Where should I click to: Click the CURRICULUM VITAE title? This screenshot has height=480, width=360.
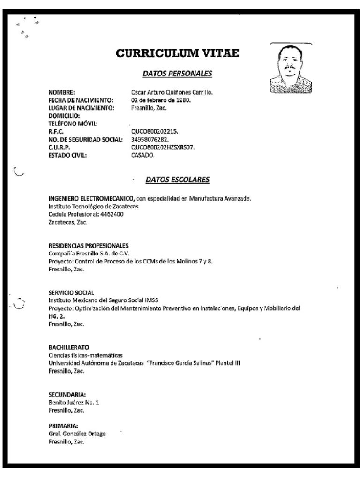pos(178,53)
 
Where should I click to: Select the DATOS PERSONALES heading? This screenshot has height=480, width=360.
pos(177,74)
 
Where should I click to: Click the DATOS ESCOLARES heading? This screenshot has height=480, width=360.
pos(177,180)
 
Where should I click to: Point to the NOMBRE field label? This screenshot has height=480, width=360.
pos(61,93)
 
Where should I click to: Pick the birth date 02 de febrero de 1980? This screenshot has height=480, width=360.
pos(161,100)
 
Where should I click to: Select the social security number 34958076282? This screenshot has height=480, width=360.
pos(150,140)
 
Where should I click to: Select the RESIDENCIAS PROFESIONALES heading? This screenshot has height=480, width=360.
pos(89,246)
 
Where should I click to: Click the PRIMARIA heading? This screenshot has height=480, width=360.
pos(63,426)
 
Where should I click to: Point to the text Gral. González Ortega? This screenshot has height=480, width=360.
pos(77,434)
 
